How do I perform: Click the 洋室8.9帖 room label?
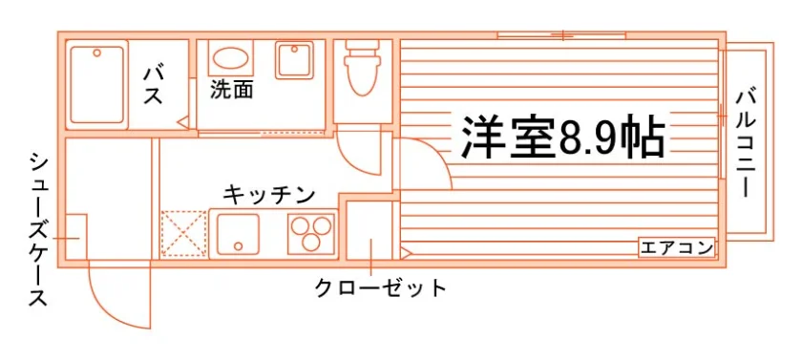pos(563,138)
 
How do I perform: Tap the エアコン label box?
pos(676,248)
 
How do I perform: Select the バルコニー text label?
pos(746,143)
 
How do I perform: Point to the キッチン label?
pos(268,195)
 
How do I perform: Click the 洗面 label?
pos(232,90)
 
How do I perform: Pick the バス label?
pos(153,85)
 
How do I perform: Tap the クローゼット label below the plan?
pos(381,287)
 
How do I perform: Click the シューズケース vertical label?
pos(38,229)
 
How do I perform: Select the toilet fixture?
pos(363,67)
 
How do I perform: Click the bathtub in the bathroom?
pos(97,85)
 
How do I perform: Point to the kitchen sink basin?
pos(238,234)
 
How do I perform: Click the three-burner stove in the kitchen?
pos(310,233)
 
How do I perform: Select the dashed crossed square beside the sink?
pos(183,233)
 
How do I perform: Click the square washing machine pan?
pos(294,60)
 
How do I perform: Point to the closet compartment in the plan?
pos(370,229)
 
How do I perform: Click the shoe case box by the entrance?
pos(76,237)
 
